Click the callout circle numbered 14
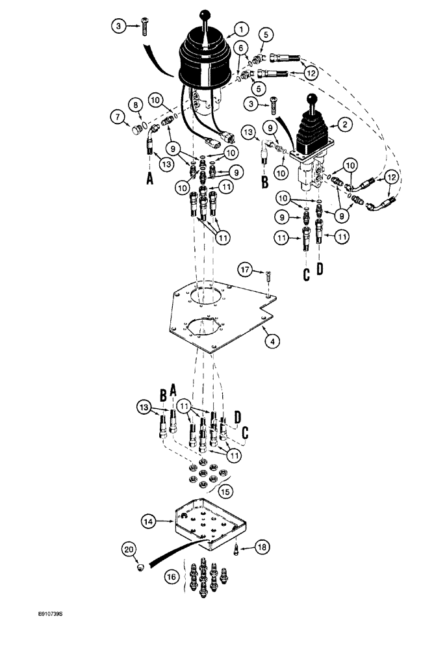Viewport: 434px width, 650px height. coord(149,520)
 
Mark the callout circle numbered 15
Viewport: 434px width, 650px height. coord(225,488)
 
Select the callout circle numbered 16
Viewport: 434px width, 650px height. coord(172,576)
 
